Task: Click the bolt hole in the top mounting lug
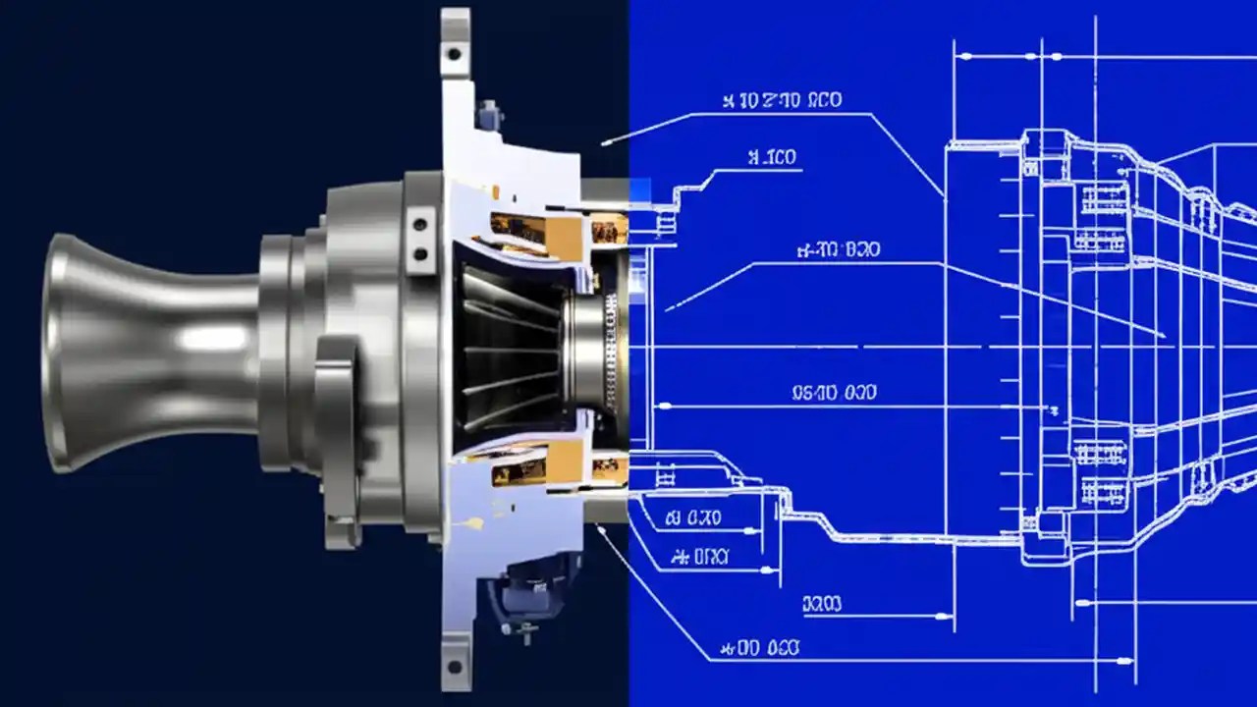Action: (x=453, y=53)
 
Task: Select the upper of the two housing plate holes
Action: (x=421, y=219)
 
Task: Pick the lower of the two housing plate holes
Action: (x=421, y=253)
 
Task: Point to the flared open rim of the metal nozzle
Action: (x=57, y=353)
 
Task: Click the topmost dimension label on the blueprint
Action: (x=783, y=100)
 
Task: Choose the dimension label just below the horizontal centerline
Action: (x=834, y=394)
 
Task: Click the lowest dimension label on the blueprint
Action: (x=760, y=648)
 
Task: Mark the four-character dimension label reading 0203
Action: (x=822, y=605)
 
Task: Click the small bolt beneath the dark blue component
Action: (x=527, y=628)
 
